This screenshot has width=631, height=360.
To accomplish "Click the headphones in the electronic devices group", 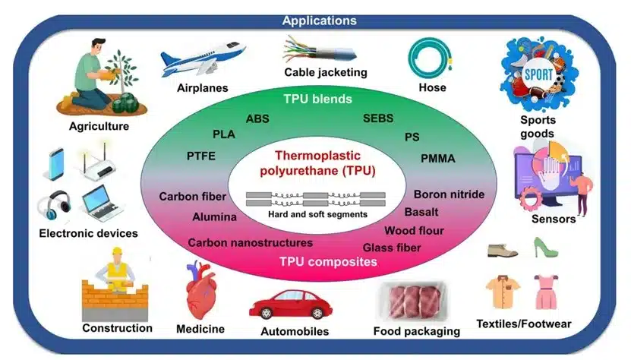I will [54, 207].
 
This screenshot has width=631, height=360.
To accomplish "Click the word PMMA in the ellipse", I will [439, 159].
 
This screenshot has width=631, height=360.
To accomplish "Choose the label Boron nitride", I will [449, 194].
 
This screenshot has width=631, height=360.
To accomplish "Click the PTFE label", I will [201, 156].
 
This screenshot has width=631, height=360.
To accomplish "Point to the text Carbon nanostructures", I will [250, 243].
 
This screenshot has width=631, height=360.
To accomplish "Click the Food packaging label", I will [417, 331].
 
